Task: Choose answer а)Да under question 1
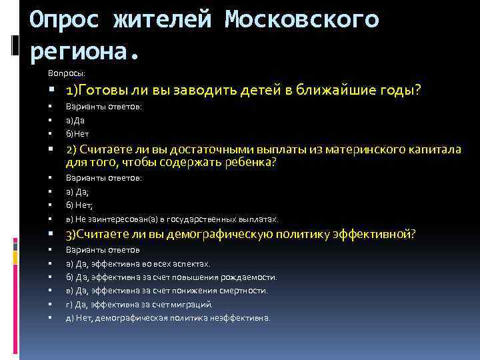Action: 75,121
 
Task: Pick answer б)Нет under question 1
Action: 77,134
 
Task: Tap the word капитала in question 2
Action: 435,149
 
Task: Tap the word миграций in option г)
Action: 193,304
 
